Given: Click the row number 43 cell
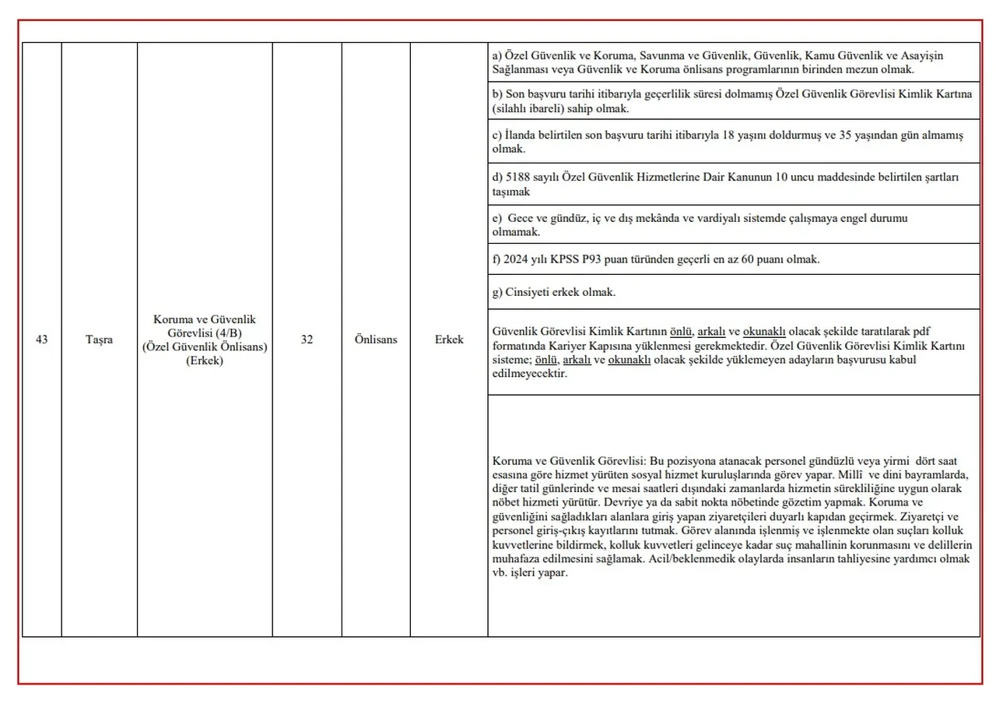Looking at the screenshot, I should [x=42, y=340].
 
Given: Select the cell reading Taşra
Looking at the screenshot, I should [x=99, y=340].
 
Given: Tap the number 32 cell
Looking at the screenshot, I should [x=307, y=340].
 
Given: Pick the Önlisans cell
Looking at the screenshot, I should [x=376, y=340].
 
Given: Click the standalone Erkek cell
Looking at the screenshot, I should [x=449, y=340].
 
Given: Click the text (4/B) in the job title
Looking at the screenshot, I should [x=228, y=333].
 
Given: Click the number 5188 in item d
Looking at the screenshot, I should [x=520, y=178].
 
